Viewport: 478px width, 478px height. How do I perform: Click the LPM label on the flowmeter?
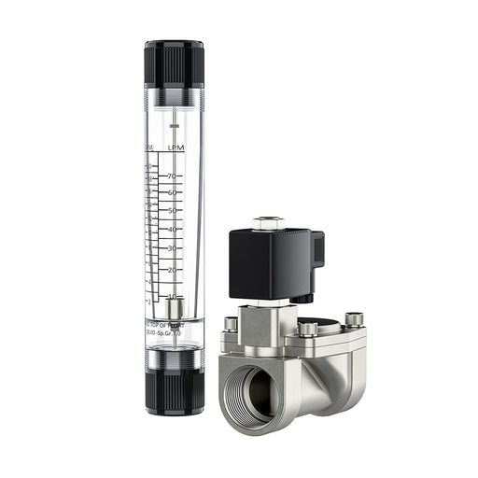tap(175, 148)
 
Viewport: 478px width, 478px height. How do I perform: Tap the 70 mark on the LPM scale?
tap(173, 176)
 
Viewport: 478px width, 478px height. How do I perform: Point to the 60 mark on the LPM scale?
tap(173, 192)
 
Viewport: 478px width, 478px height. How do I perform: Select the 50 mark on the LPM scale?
tap(173, 211)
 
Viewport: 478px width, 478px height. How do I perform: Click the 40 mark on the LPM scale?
tap(173, 230)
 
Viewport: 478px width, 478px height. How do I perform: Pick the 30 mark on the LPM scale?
tap(173, 249)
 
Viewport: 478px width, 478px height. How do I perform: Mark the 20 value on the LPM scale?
tap(173, 270)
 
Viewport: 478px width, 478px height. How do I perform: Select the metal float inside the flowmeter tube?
tap(175, 309)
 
